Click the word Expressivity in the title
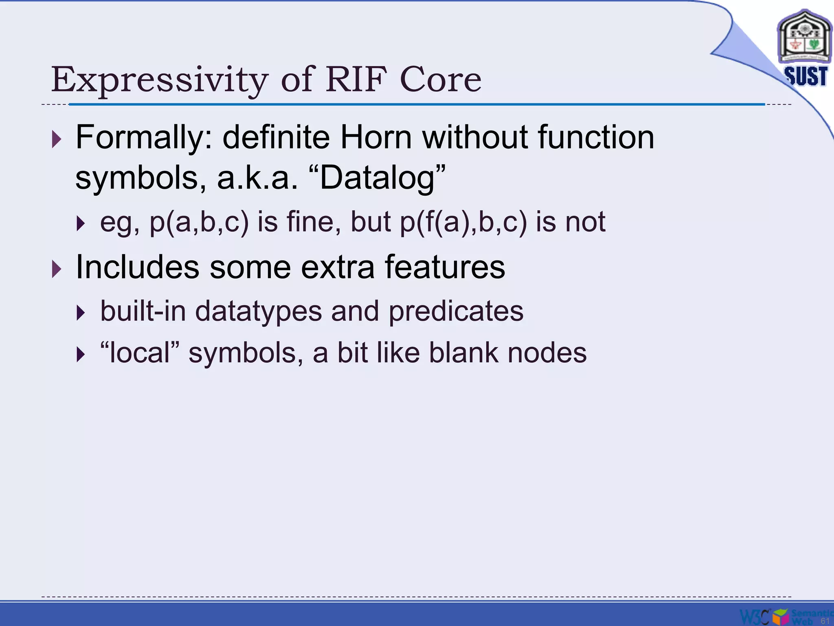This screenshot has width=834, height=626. click(159, 79)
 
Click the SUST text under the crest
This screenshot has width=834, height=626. click(805, 76)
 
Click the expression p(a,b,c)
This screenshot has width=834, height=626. click(199, 222)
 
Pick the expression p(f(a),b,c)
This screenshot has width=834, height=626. click(463, 222)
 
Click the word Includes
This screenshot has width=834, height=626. click(137, 267)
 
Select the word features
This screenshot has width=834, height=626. click(445, 267)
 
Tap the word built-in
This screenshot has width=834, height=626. click(143, 311)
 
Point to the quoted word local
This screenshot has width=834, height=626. click(140, 353)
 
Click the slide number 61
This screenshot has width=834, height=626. click(825, 621)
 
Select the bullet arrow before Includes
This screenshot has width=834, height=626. click(57, 269)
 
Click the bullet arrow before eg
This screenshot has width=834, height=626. click(81, 223)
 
